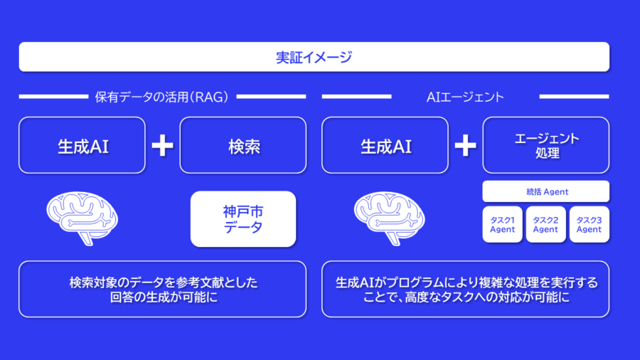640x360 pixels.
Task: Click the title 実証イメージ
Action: (x=314, y=57)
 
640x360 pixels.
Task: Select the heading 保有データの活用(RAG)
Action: (x=162, y=97)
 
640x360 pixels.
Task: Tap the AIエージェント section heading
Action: (x=465, y=97)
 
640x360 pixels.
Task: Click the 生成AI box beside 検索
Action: (x=82, y=145)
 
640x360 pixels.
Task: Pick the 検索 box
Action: (x=243, y=145)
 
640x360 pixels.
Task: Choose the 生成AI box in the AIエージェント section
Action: (x=385, y=145)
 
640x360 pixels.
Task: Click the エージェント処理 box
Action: (x=545, y=145)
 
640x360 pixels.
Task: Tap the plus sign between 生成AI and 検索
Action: (x=162, y=145)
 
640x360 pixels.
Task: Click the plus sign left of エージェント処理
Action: (x=465, y=145)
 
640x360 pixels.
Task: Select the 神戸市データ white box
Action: (x=243, y=219)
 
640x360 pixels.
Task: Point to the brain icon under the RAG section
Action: (x=82, y=218)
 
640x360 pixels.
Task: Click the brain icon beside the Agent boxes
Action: (x=389, y=218)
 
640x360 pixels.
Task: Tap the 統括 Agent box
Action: (x=545, y=191)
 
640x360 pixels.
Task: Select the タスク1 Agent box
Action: (x=503, y=225)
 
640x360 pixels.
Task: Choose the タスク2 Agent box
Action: (x=545, y=225)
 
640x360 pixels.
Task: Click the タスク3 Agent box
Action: (x=590, y=225)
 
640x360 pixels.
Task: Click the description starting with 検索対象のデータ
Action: (x=162, y=289)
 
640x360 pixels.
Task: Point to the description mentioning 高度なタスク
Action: (x=465, y=289)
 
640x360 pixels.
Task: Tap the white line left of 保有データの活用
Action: (x=53, y=97)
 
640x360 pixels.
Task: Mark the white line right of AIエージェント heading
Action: (x=575, y=97)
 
